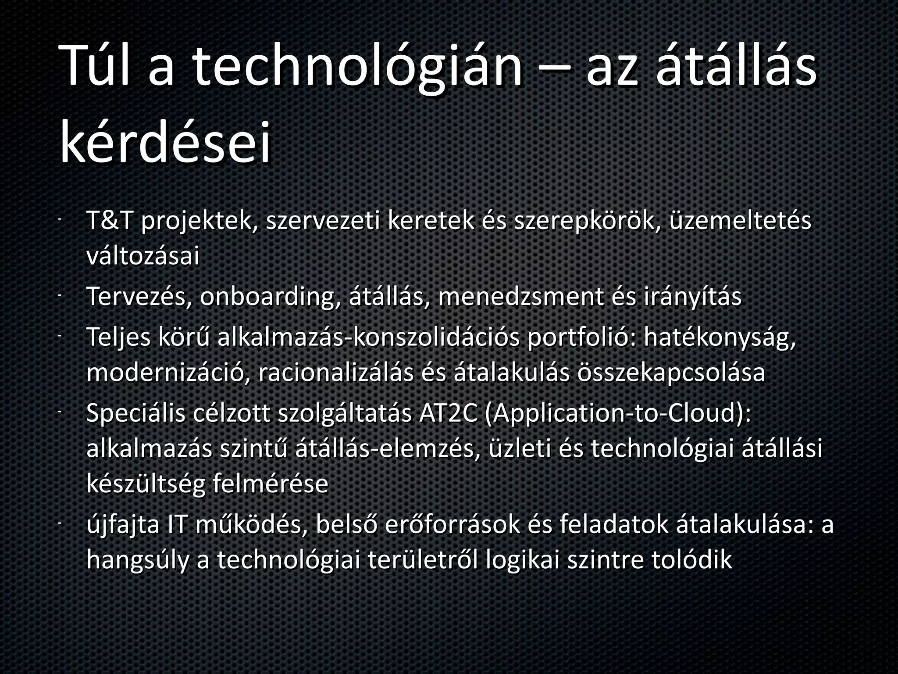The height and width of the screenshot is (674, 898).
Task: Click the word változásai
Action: point(143,256)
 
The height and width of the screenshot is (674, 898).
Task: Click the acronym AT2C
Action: point(448,413)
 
